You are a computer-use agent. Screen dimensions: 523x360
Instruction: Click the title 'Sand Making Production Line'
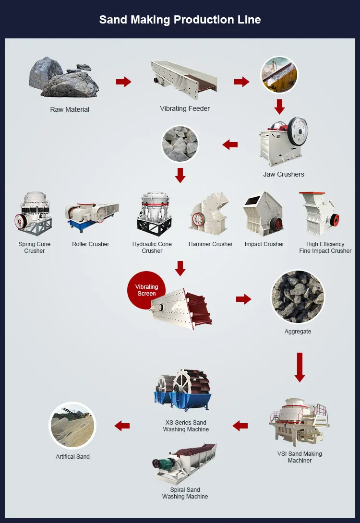pos(180,20)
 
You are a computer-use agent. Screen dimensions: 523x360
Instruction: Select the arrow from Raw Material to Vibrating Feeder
pos(123,82)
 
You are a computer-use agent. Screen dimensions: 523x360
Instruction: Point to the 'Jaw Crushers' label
pos(284,174)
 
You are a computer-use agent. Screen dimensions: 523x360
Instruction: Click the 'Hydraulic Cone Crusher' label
pos(152,248)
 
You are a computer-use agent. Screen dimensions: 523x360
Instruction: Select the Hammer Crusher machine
pos(210,214)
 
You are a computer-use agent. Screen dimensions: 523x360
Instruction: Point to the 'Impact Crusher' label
pos(264,244)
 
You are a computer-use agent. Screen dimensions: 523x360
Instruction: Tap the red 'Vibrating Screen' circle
pos(146,290)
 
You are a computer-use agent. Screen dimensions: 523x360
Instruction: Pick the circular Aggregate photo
pos(298,297)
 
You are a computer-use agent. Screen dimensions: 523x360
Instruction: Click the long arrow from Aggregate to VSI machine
pos(300,367)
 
